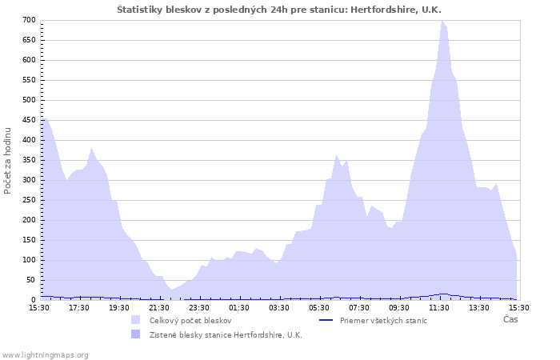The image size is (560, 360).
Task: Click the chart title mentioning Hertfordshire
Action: coord(279,10)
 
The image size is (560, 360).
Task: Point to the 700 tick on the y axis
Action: coord(29,20)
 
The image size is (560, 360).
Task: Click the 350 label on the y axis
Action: coord(29,160)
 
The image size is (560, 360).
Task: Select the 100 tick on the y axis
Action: coord(29,260)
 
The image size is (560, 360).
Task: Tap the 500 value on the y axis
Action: coord(29,100)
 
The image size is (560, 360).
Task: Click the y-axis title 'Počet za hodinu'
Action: coord(8,160)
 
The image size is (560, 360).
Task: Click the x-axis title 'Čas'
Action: coord(510,320)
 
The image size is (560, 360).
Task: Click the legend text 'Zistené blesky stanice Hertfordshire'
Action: coord(226,335)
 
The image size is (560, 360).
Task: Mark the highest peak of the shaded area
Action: coord(442,22)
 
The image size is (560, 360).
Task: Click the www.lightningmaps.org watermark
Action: coord(45,354)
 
